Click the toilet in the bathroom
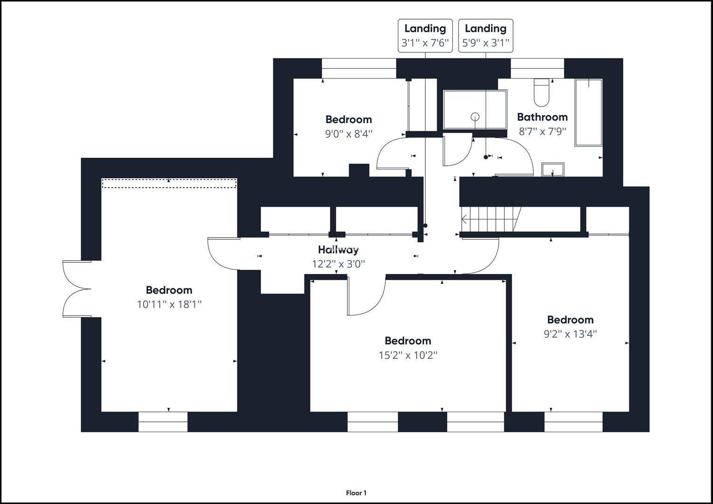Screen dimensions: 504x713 (x=542, y=92)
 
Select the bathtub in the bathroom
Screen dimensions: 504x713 (x=588, y=112)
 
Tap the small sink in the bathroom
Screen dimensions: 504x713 (x=553, y=169)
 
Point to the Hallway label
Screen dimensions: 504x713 (x=339, y=250)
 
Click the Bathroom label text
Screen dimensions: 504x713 (x=542, y=117)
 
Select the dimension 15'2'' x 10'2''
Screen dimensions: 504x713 (x=408, y=355)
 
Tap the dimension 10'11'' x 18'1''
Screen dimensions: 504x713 (x=169, y=305)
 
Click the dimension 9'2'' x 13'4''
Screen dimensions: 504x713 (x=570, y=334)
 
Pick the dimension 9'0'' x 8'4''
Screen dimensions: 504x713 (x=349, y=134)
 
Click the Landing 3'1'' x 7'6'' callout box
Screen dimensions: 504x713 (x=425, y=36)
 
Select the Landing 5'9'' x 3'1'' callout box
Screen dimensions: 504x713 (x=486, y=36)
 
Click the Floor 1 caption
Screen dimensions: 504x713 (x=356, y=493)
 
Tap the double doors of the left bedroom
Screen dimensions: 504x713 (x=75, y=289)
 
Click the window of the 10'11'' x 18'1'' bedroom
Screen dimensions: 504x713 (x=163, y=421)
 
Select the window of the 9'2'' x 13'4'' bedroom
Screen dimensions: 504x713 (x=573, y=421)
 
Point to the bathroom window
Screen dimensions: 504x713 (x=537, y=69)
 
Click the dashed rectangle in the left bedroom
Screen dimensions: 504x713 (x=169, y=183)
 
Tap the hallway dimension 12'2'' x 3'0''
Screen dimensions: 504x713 (x=339, y=264)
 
